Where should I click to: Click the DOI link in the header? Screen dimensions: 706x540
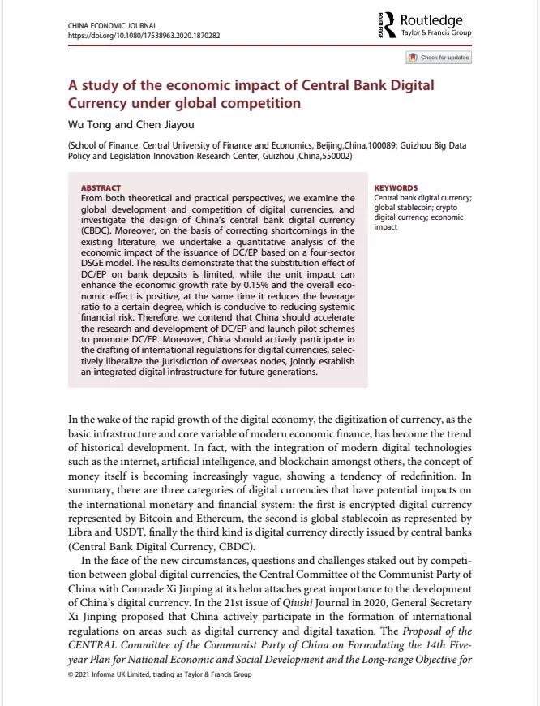tap(144, 36)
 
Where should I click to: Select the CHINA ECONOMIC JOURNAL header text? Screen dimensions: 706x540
tap(113, 27)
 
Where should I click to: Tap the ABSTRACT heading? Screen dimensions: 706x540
tap(101, 188)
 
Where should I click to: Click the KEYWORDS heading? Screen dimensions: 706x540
tap(396, 188)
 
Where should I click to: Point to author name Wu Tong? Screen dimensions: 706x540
tap(87, 125)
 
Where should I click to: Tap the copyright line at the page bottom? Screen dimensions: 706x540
tap(160, 675)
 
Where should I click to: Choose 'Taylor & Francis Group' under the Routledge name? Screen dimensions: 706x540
tap(436, 33)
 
